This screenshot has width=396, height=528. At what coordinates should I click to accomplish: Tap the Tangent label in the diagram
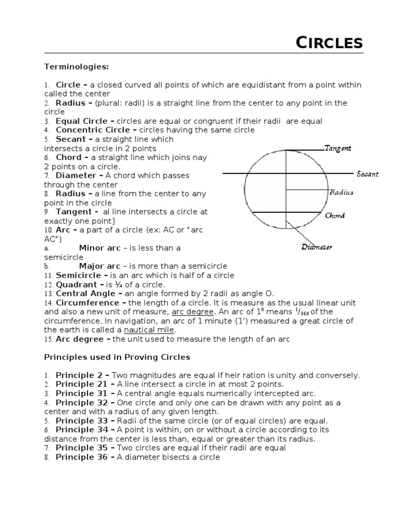338,148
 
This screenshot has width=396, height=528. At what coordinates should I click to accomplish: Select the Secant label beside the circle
367,174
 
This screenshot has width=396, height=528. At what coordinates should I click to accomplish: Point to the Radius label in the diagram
341,192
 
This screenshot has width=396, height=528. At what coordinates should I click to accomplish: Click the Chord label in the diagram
335,216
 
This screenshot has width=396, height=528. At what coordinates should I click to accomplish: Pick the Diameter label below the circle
317,247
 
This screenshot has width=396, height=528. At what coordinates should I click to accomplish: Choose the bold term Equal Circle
81,121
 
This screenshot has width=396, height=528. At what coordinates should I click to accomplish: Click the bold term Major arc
100,266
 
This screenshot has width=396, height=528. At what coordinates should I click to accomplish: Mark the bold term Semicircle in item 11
80,275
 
